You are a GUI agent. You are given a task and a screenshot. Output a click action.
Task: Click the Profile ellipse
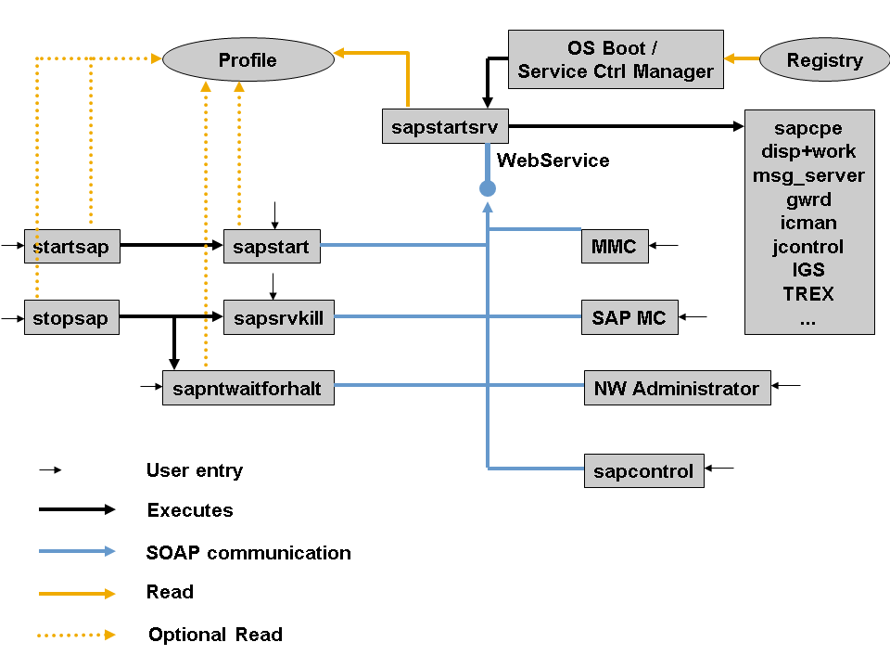(x=248, y=60)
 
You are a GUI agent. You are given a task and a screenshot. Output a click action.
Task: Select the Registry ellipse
(x=824, y=60)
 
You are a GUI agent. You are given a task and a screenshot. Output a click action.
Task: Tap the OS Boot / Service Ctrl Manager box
(x=616, y=59)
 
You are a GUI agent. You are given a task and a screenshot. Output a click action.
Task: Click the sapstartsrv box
(x=445, y=126)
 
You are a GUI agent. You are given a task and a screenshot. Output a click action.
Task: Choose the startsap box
(x=71, y=247)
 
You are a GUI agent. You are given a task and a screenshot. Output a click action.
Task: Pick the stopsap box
(x=71, y=318)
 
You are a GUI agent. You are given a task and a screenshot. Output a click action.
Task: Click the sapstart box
(x=271, y=247)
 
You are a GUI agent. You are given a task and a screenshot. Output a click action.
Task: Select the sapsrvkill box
(x=278, y=318)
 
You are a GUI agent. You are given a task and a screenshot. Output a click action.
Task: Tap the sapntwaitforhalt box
(x=248, y=388)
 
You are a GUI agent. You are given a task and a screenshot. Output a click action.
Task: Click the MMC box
(x=614, y=246)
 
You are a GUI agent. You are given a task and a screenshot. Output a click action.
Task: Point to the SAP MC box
(x=629, y=317)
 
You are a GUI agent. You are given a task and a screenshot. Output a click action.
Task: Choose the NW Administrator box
(x=677, y=388)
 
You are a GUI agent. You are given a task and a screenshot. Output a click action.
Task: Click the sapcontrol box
(x=643, y=470)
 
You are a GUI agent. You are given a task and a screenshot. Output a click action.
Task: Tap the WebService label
(x=553, y=161)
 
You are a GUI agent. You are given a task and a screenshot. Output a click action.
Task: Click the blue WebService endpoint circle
(x=488, y=188)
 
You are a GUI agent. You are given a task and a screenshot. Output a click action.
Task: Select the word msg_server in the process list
(x=808, y=175)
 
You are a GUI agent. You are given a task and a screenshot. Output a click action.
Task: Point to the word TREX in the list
(x=808, y=294)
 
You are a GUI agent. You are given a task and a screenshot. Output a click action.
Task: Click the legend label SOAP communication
(x=248, y=553)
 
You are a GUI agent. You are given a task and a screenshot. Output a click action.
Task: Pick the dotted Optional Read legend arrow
(x=77, y=635)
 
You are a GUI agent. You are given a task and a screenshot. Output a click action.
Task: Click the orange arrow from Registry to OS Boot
(x=742, y=59)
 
